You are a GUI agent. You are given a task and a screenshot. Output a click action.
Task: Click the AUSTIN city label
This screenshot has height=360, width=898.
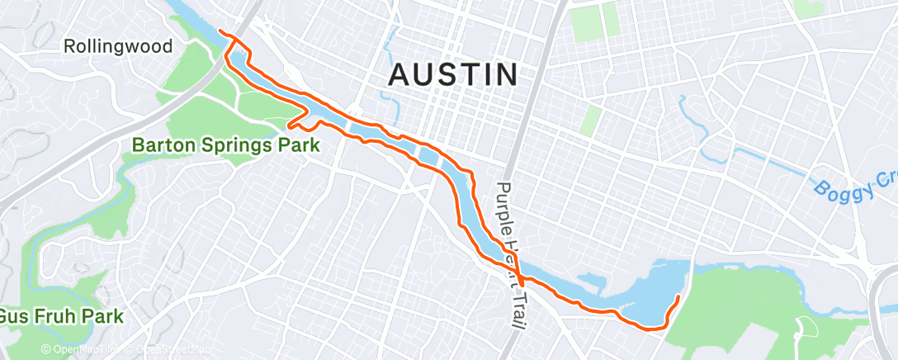tap(453, 75)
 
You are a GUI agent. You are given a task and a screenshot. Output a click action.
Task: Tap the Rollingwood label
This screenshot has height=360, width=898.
tap(118, 46)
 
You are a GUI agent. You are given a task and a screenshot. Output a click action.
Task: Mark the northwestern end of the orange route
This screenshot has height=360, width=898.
tap(220, 31)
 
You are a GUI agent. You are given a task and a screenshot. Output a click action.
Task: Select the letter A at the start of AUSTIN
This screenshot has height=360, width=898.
tap(399, 75)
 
